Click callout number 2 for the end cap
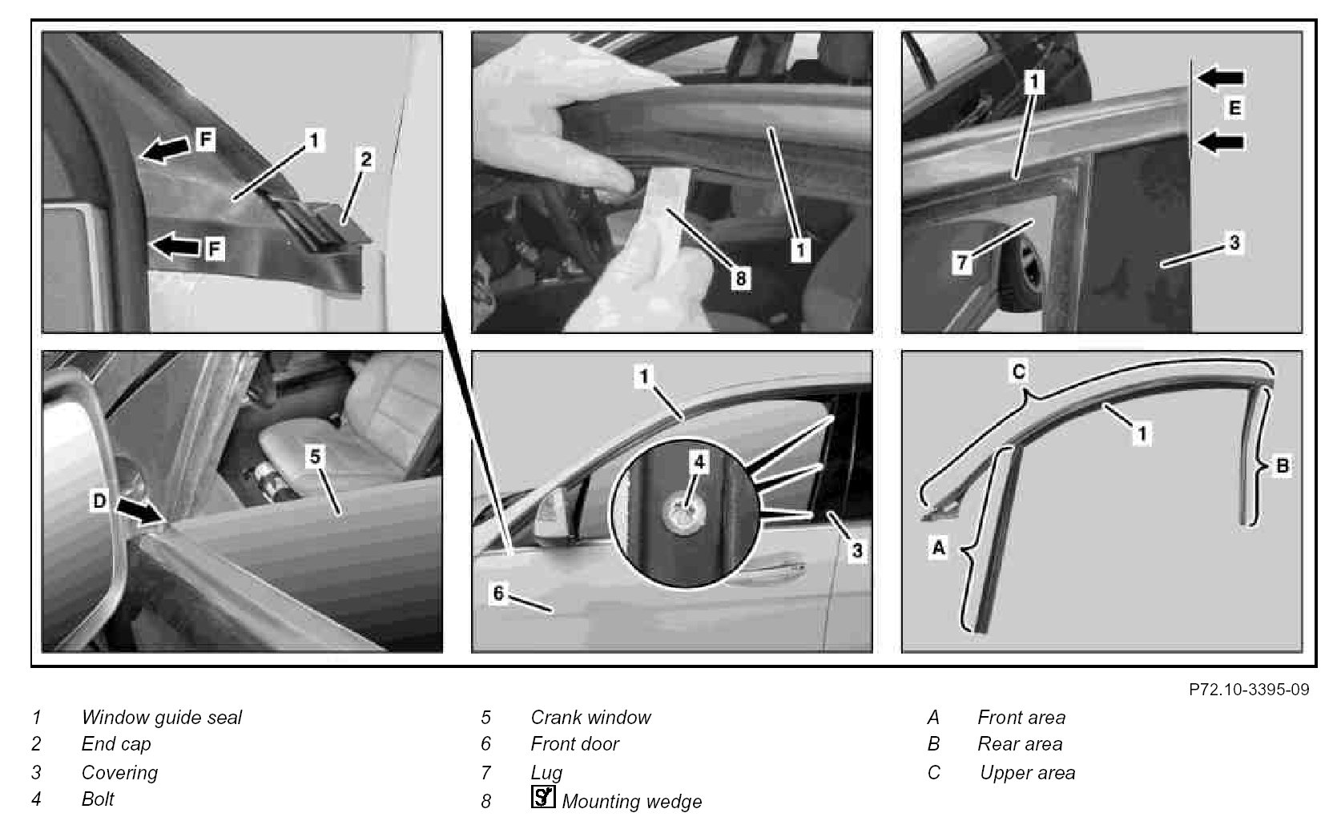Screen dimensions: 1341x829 tap(364, 159)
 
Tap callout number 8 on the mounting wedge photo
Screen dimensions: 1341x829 tap(740, 278)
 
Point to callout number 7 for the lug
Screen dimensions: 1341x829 tap(961, 262)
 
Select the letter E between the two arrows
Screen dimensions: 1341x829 tap(1234, 108)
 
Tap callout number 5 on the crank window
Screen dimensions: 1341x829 tap(315, 457)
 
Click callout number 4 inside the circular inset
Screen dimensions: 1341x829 tap(699, 461)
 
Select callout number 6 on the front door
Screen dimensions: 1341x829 tap(498, 594)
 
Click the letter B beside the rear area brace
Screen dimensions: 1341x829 tap(1283, 465)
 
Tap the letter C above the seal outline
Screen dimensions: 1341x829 tap(1018, 372)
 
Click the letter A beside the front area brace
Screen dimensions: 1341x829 tap(938, 546)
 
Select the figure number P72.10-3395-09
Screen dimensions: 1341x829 tap(1249, 690)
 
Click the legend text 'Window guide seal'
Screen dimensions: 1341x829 tap(162, 717)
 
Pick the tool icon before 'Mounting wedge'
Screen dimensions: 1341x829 tap(543, 797)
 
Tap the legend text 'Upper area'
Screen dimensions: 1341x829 tap(1027, 773)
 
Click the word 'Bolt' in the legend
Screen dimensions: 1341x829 tap(98, 799)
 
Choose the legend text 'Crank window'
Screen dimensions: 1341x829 tap(590, 717)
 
